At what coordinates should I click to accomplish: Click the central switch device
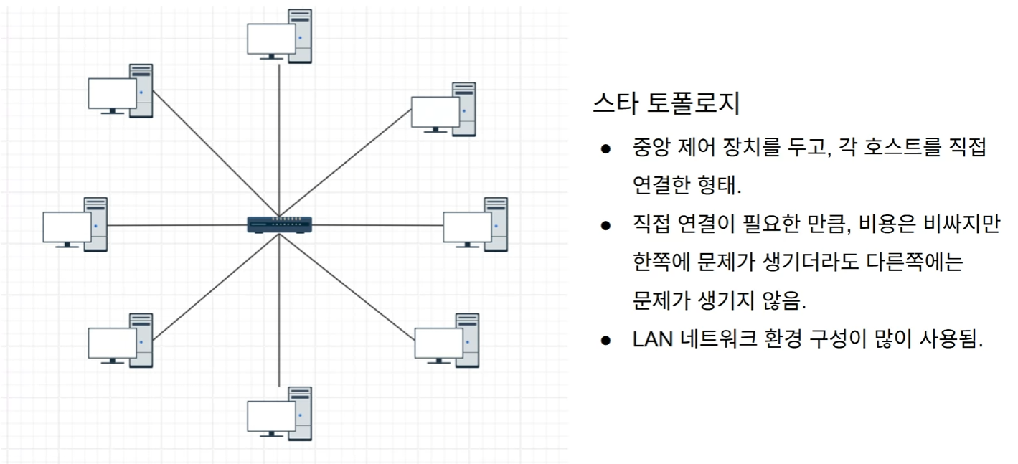(x=279, y=224)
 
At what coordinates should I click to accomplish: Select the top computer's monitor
(x=271, y=39)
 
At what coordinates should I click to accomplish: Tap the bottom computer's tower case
(x=301, y=413)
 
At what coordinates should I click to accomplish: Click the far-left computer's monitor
(x=67, y=227)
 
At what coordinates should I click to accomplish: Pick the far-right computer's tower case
(x=496, y=224)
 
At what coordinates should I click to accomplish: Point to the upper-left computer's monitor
(x=112, y=93)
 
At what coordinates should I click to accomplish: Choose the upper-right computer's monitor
(x=435, y=112)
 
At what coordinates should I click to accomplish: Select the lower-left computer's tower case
(x=141, y=340)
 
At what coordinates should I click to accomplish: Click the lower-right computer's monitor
(x=438, y=343)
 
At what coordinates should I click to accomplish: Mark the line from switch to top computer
(x=279, y=136)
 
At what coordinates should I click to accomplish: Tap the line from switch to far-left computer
(x=179, y=225)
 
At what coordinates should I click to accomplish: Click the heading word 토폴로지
(x=693, y=104)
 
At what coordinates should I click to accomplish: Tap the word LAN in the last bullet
(x=653, y=339)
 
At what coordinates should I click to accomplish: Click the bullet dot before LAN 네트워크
(x=605, y=340)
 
